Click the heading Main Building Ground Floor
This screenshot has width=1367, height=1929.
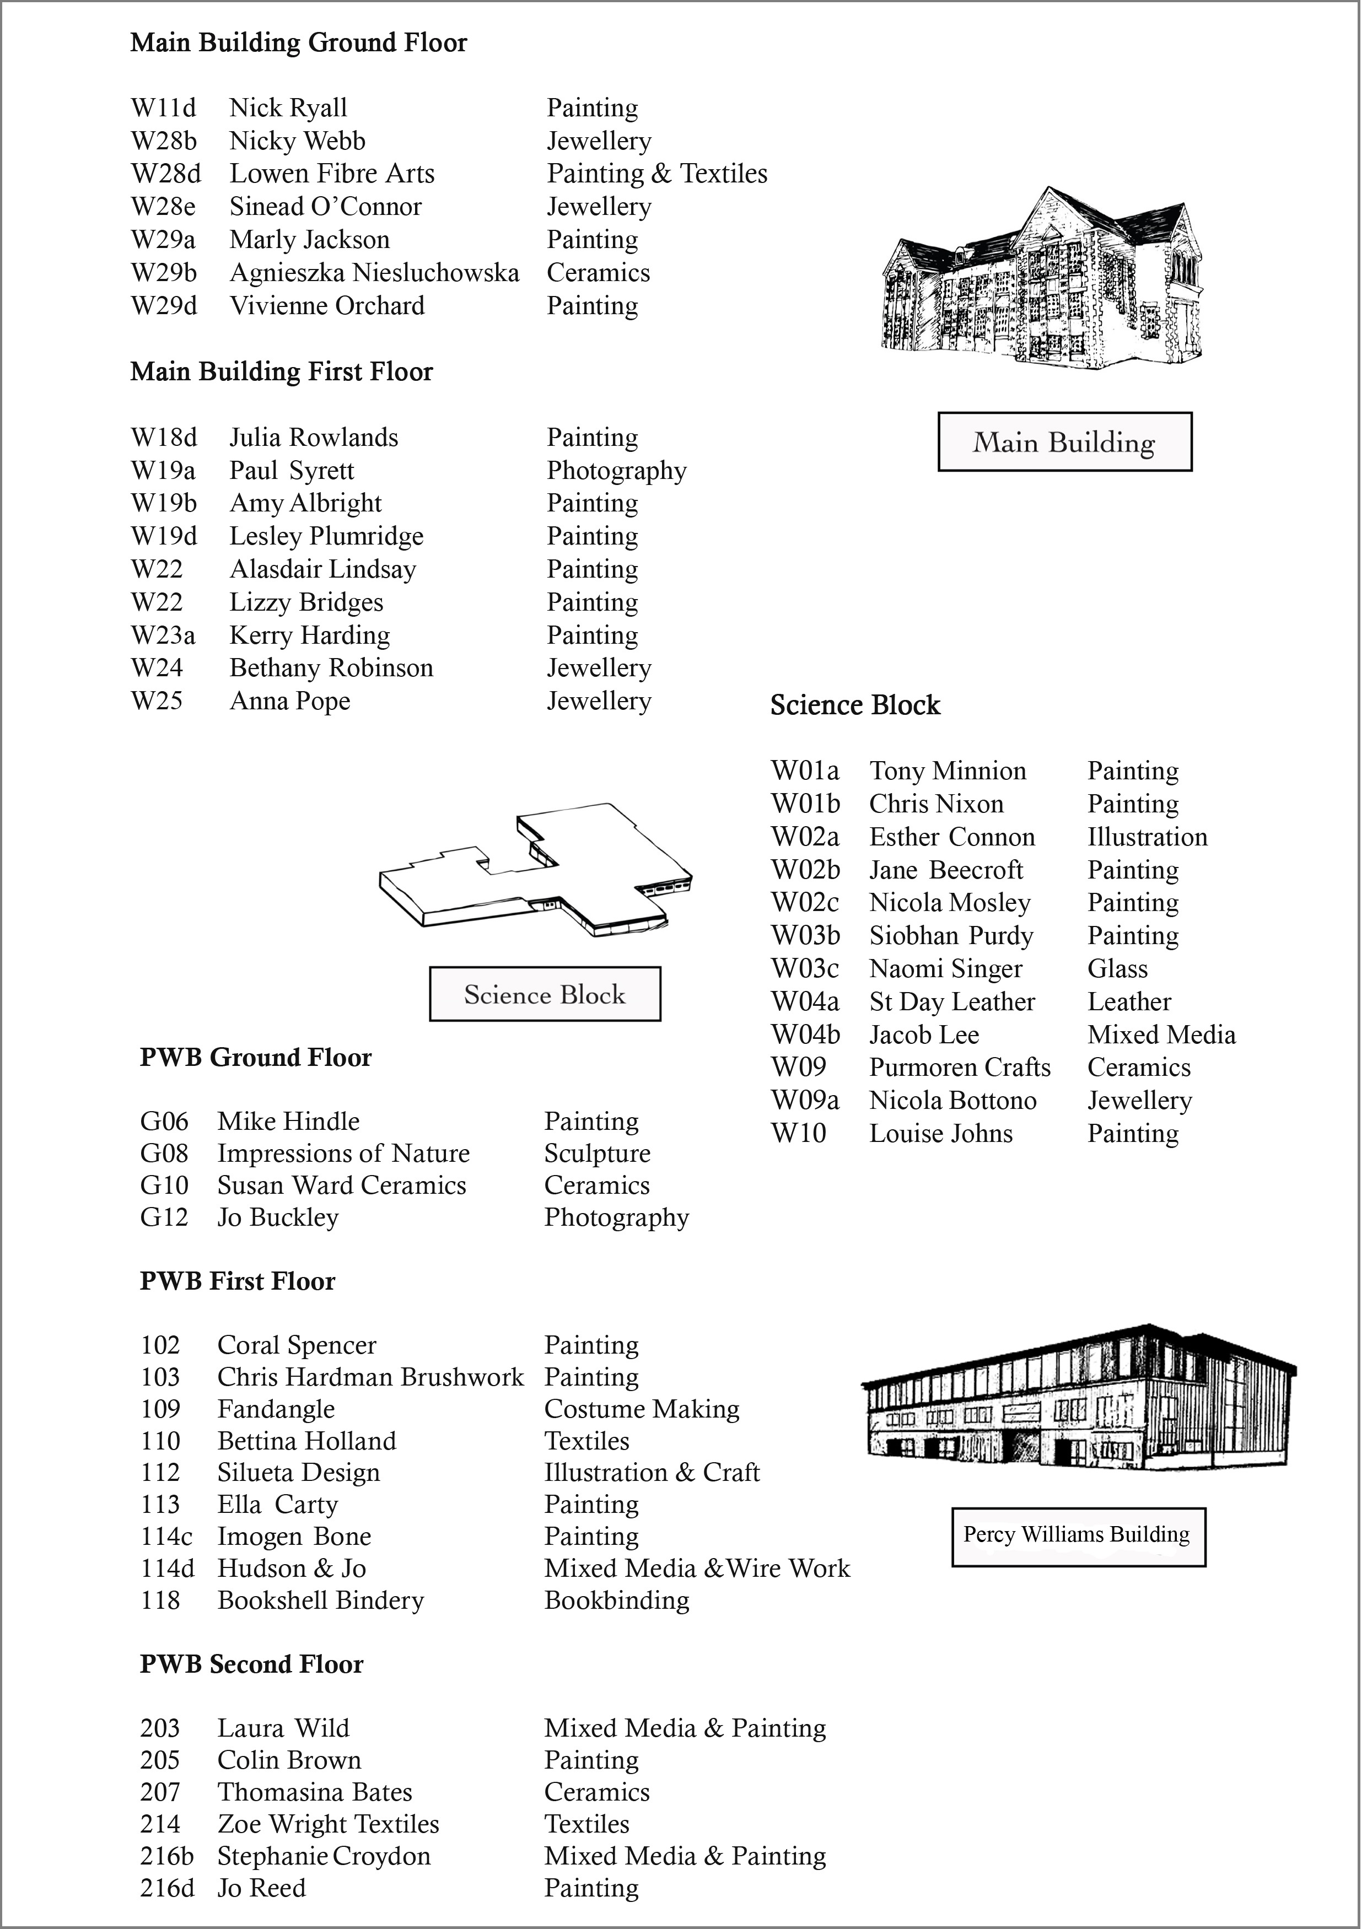tap(298, 43)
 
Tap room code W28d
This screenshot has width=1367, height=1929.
tap(166, 174)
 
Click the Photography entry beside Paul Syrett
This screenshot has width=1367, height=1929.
tap(616, 471)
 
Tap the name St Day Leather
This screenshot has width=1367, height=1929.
tap(951, 1001)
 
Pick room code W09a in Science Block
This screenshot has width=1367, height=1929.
tap(805, 1101)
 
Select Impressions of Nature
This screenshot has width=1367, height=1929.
tap(343, 1154)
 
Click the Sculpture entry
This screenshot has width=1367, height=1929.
tap(597, 1154)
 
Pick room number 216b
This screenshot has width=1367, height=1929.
tap(166, 1857)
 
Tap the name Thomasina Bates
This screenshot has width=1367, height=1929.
tap(314, 1793)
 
